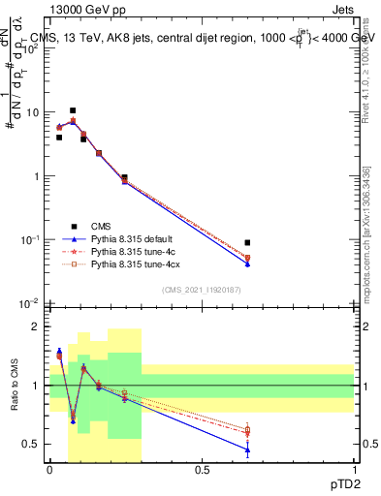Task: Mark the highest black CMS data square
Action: (x=73, y=110)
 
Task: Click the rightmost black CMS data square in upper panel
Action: (x=247, y=243)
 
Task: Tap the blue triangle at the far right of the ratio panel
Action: (x=247, y=450)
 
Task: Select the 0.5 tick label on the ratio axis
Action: (x=34, y=445)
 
